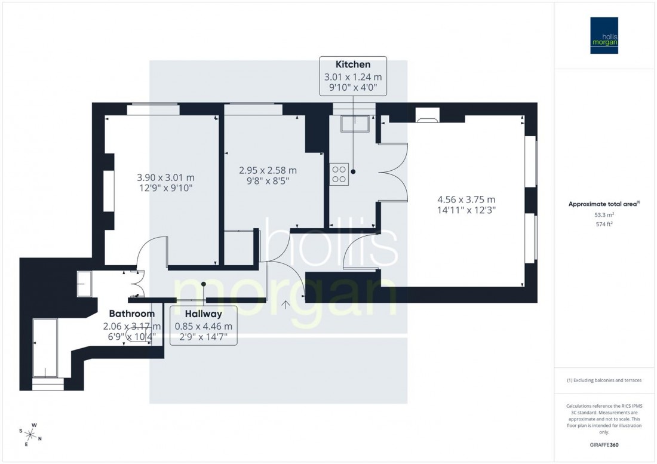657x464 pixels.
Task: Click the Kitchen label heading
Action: click(353, 64)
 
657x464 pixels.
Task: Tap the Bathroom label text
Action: click(131, 314)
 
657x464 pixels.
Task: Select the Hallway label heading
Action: click(203, 314)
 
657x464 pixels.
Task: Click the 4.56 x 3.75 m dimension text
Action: click(466, 199)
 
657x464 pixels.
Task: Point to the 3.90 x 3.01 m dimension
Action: click(165, 177)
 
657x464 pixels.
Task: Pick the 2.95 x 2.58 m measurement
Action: click(268, 170)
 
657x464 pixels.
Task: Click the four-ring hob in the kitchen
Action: click(339, 173)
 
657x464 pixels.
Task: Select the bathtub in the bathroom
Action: click(44, 348)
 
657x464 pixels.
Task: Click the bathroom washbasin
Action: click(84, 284)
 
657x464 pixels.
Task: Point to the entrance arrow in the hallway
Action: click(286, 305)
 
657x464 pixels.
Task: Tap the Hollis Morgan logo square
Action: click(604, 35)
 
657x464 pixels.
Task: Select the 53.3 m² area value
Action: click(604, 214)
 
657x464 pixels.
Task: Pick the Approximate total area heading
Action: click(604, 203)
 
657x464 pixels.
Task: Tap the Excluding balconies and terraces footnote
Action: click(604, 380)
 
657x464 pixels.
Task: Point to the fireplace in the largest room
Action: click(426, 116)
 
